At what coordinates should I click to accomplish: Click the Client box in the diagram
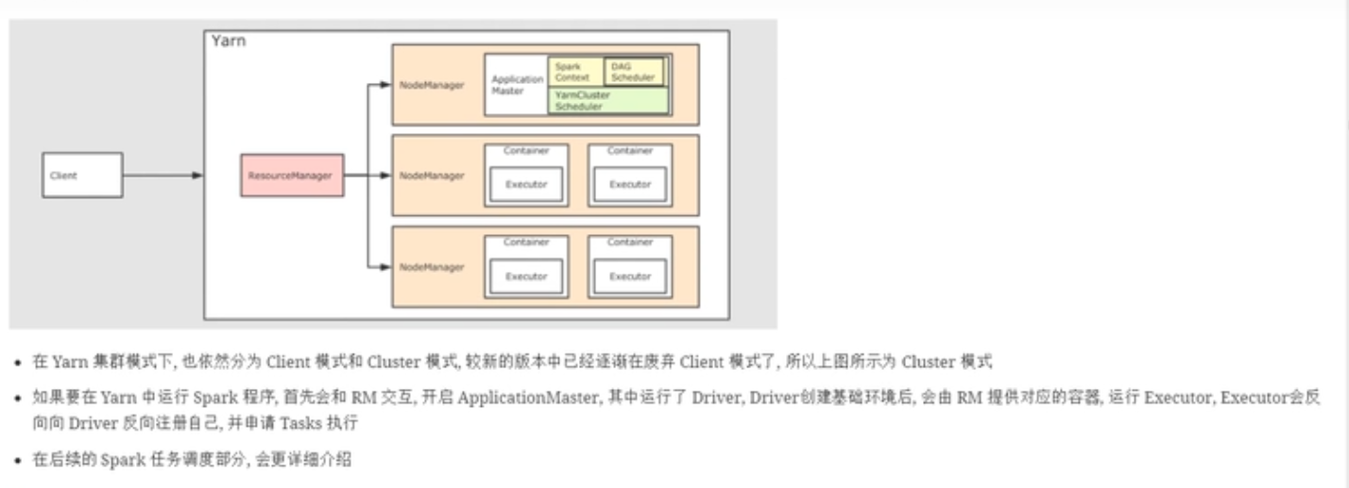pyautogui.click(x=82, y=176)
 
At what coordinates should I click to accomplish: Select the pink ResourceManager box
pyautogui.click(x=292, y=176)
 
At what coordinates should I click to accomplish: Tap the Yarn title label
pyautogui.click(x=229, y=41)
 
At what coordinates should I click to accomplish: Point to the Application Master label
pyautogui.click(x=517, y=85)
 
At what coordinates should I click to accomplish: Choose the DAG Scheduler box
pyautogui.click(x=633, y=72)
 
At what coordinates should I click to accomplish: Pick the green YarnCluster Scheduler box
pyautogui.click(x=608, y=101)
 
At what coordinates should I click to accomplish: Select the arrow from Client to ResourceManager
pyautogui.click(x=161, y=176)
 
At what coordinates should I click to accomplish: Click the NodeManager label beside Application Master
pyautogui.click(x=432, y=85)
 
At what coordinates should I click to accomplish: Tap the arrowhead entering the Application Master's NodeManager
pyautogui.click(x=384, y=85)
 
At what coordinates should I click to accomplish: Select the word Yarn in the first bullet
pyautogui.click(x=70, y=362)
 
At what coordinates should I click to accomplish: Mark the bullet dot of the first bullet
pyautogui.click(x=19, y=362)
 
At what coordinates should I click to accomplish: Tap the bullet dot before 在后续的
pyautogui.click(x=19, y=462)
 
